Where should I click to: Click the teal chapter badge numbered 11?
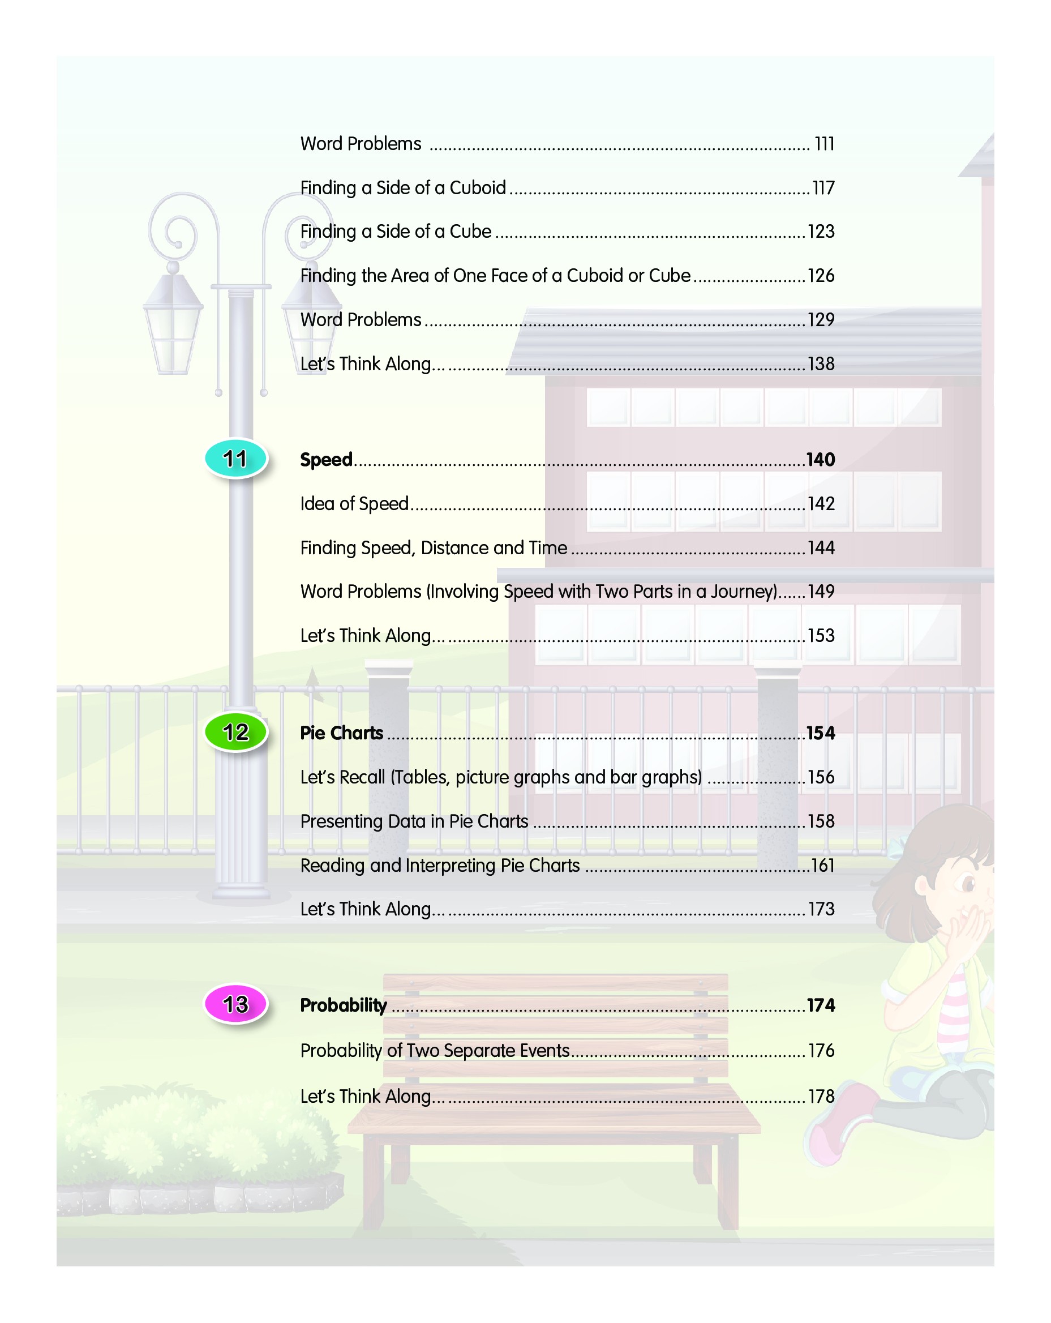[x=235, y=459]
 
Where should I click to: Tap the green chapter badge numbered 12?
[x=235, y=731]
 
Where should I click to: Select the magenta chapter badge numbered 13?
[x=235, y=1004]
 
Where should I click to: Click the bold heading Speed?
[x=326, y=460]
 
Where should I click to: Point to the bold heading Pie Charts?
[x=341, y=733]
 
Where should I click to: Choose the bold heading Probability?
[x=343, y=1005]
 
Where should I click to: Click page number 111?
[x=823, y=144]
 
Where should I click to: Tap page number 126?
[x=820, y=276]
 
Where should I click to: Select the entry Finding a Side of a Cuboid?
[x=402, y=188]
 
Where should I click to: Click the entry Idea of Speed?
[x=354, y=504]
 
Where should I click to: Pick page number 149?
[x=820, y=592]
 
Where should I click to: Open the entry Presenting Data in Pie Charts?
[x=414, y=821]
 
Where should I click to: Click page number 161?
[x=822, y=865]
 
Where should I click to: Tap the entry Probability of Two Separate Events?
[x=435, y=1051]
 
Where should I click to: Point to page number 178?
[x=821, y=1096]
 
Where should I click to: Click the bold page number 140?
[x=820, y=460]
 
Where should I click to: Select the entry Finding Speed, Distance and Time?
[x=433, y=548]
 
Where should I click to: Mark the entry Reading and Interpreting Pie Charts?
[x=439, y=865]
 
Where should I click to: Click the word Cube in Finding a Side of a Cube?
[x=470, y=232]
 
